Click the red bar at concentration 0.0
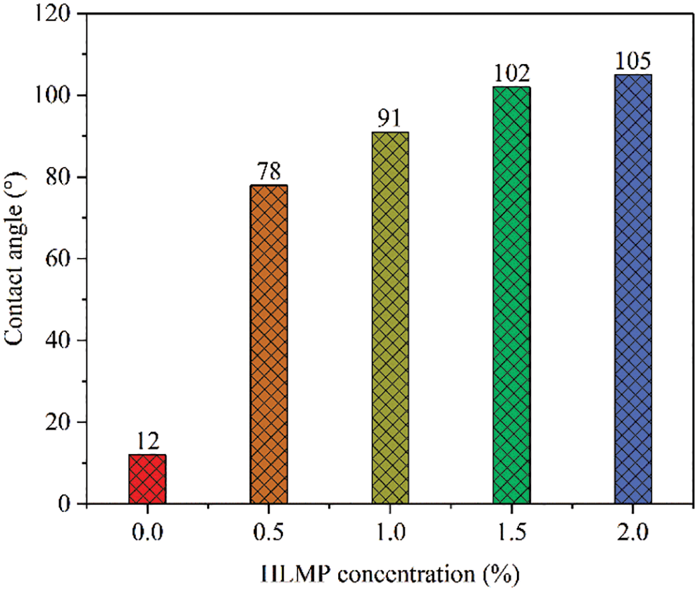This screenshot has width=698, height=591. pos(147,479)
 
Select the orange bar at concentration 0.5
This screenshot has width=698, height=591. pos(268,344)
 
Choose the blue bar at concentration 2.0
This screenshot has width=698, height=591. pos(632,289)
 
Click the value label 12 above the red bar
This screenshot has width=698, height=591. pos(147,442)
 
